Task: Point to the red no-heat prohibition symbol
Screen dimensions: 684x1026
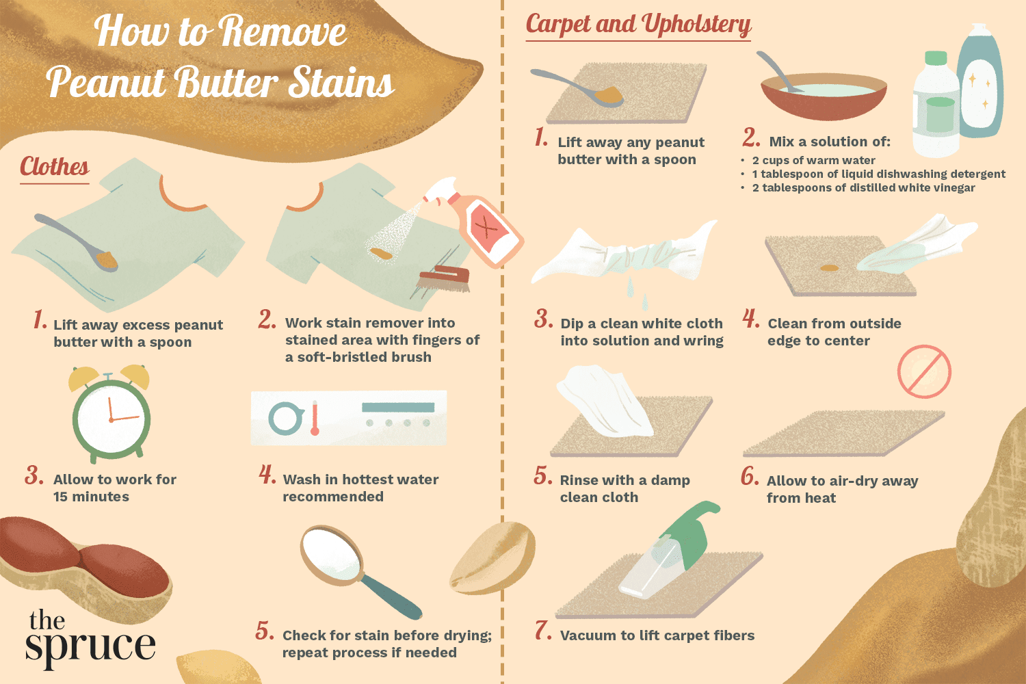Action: click(924, 371)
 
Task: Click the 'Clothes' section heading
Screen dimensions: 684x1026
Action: click(55, 167)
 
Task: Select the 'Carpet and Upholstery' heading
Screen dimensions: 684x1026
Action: click(638, 25)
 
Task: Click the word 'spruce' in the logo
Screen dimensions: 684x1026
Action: click(90, 646)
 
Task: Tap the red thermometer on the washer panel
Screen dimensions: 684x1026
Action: click(315, 419)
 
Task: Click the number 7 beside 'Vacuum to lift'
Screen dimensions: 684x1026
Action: click(542, 631)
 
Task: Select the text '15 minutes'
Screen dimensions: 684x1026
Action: click(91, 497)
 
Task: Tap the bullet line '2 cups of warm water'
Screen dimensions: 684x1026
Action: click(813, 160)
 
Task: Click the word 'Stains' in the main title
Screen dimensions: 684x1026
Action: click(341, 83)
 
